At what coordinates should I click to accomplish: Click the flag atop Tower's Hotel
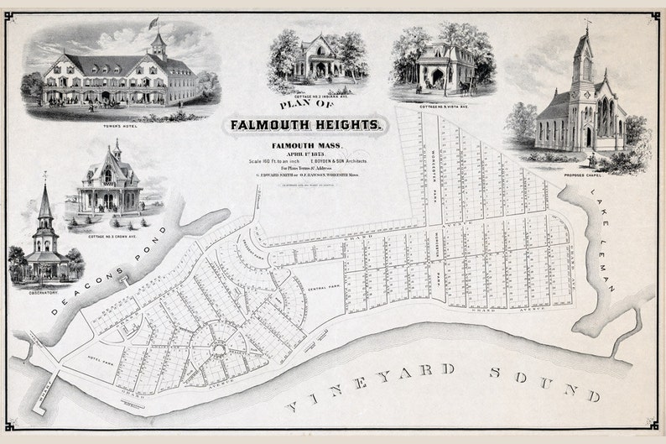coord(153,22)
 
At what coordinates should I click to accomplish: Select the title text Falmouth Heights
coord(306,125)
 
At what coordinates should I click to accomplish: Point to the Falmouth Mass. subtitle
coord(293,146)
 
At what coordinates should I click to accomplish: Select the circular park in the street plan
coord(220,349)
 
